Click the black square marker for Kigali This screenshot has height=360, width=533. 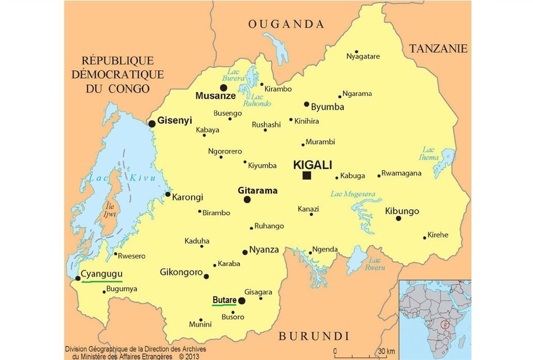pos(307,176)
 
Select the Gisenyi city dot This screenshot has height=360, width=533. pos(152,124)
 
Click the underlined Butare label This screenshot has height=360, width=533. pos(224,300)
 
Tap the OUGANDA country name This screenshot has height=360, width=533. pos(286,24)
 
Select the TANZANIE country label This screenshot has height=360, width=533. pos(438,49)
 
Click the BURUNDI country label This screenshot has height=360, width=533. pos(314,336)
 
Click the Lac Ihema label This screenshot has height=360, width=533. pos(430,153)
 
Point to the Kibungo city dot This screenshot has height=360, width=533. pos(398,218)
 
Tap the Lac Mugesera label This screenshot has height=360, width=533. pos(352,194)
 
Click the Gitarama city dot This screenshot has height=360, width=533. pos(247,200)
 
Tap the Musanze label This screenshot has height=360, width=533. pos(215,96)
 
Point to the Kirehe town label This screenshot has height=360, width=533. pos(438,235)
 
